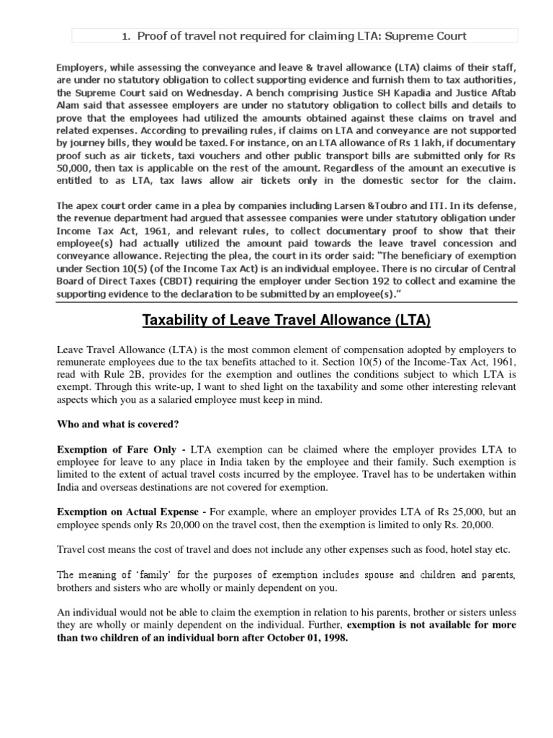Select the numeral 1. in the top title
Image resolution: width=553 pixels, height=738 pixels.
point(125,36)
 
